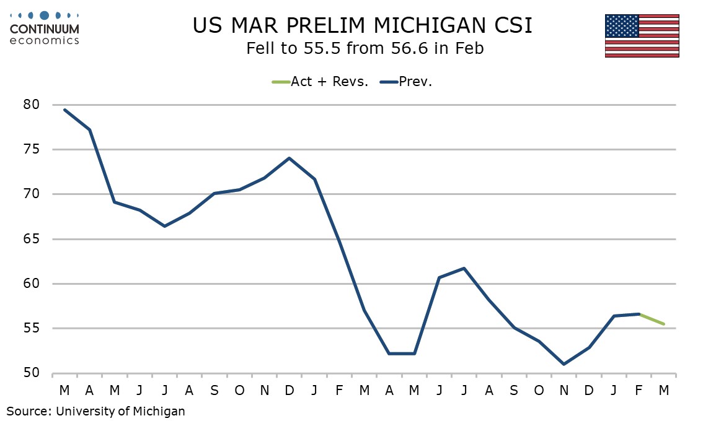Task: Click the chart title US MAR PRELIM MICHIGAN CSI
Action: [x=363, y=25]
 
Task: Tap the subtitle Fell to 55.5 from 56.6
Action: [x=365, y=48]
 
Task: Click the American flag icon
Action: [x=642, y=35]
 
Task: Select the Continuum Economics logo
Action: [x=45, y=28]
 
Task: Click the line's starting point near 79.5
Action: [x=65, y=110]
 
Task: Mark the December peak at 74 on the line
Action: [x=290, y=158]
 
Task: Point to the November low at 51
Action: [x=564, y=364]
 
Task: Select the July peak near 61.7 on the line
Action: [x=464, y=268]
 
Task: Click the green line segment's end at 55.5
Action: [x=663, y=324]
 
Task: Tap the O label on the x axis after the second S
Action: [x=539, y=391]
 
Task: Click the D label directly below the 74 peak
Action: [x=290, y=391]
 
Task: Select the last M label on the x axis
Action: [x=663, y=391]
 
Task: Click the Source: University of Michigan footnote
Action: [x=96, y=410]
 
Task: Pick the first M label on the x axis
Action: [x=65, y=391]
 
